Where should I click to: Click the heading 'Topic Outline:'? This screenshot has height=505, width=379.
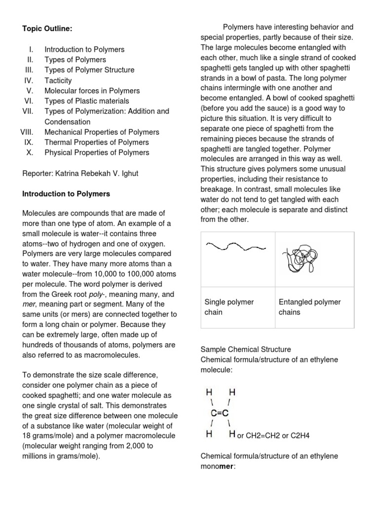(x=47, y=29)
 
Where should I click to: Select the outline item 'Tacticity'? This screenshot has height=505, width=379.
(x=58, y=80)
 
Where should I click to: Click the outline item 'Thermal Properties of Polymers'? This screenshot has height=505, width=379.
(x=96, y=143)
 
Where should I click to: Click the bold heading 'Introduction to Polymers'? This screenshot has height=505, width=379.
(x=66, y=194)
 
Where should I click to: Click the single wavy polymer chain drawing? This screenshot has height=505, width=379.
(x=236, y=246)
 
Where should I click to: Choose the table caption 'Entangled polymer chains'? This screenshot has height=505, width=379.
(x=309, y=307)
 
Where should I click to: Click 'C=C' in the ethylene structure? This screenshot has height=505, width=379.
(x=219, y=413)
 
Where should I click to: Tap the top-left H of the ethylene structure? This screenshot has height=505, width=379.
(x=209, y=393)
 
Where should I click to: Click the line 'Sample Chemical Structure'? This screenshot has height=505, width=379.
(x=245, y=349)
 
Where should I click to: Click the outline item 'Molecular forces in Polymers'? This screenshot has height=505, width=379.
(x=92, y=91)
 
